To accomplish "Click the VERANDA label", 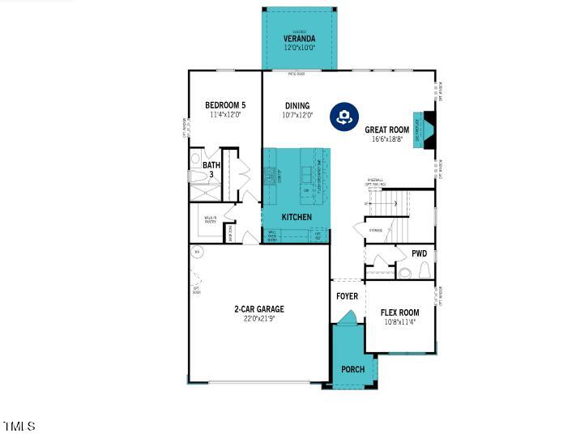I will tap(299, 39).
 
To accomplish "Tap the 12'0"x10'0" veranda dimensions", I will tap(299, 48).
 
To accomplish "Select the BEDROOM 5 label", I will tap(225, 105).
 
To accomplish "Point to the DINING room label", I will tap(297, 105).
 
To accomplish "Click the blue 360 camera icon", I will tap(343, 117).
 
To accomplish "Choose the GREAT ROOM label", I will tap(386, 130).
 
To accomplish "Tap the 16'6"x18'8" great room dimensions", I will tap(386, 139).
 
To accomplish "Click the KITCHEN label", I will tap(297, 217).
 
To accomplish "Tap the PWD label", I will tap(419, 253).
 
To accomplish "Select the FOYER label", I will tap(347, 296).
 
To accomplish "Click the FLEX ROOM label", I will tap(399, 312).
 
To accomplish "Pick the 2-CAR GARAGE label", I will tap(259, 309).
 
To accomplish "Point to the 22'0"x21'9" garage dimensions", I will tap(259, 319).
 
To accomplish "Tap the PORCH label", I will tap(352, 369).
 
